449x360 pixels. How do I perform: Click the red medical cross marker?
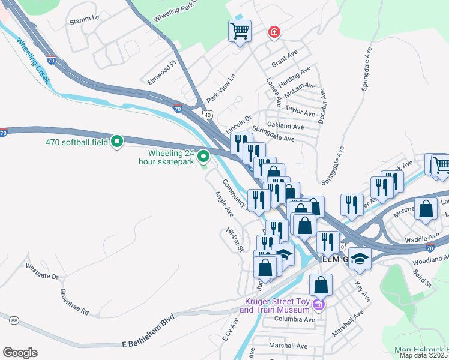(x=274, y=32)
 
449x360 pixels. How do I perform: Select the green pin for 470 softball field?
(x=118, y=142)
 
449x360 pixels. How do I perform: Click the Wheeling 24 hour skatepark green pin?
(x=203, y=157)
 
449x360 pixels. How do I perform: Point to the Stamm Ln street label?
(x=84, y=19)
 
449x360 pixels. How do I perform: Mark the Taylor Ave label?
(x=300, y=112)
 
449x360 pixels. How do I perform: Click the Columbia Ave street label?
(x=295, y=320)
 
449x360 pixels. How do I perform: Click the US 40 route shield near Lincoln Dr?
(x=208, y=114)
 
